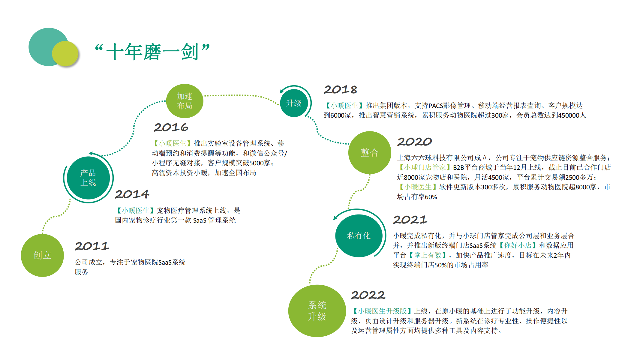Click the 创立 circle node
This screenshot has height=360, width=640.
[x=42, y=255]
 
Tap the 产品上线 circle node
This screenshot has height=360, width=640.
[x=88, y=178]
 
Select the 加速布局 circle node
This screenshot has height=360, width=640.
[x=185, y=101]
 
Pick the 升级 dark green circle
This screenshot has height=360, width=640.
[x=294, y=103]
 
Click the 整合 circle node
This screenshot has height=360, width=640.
[x=370, y=152]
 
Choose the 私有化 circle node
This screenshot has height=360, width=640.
[x=359, y=235]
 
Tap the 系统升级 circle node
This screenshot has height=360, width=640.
[x=317, y=311]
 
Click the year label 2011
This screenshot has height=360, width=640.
[x=92, y=246]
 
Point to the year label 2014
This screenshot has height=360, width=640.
[x=132, y=194]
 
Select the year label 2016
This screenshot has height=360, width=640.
[x=171, y=127]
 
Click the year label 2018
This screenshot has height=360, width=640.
[x=341, y=89]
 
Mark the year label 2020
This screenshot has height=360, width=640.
[x=415, y=142]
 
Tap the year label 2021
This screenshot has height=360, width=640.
[x=410, y=220]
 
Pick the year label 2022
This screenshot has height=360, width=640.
[x=368, y=295]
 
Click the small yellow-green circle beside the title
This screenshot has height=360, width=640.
[x=65, y=54]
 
